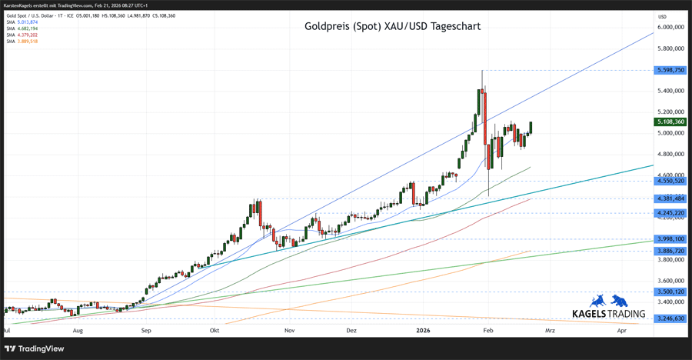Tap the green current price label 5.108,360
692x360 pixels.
coord(670,122)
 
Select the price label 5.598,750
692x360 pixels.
coord(670,70)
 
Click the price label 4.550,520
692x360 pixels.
coord(670,181)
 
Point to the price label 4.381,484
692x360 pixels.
coord(670,198)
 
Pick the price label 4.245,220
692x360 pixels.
coord(670,213)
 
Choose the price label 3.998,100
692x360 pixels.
coord(670,239)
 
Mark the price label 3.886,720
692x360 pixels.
coord(670,251)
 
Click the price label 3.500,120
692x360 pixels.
coord(670,292)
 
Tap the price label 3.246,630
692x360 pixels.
coord(670,318)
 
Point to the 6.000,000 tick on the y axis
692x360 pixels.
coord(670,27)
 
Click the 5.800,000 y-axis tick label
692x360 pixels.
coord(670,48)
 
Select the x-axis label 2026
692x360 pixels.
coord(423,330)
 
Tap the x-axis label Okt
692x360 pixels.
coord(215,330)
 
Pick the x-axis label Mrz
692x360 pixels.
coord(549,330)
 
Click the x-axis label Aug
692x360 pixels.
coord(78,330)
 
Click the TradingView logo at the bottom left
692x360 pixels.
coord(35,348)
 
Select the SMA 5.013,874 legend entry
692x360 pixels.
coord(22,22)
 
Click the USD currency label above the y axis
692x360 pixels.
coord(662,16)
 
